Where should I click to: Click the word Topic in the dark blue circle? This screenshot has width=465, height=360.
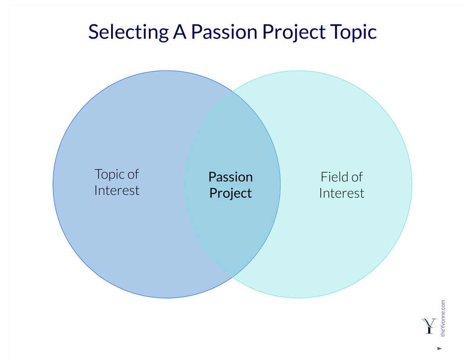pos(110,174)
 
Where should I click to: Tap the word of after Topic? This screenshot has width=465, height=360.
pos(133,174)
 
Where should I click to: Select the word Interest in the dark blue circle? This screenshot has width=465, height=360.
pos(117,191)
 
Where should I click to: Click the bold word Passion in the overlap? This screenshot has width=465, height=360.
pos(231,177)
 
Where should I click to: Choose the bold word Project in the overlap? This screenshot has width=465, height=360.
pos(231,193)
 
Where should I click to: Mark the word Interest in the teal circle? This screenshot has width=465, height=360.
pos(342,193)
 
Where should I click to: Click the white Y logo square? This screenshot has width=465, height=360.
pos(428,326)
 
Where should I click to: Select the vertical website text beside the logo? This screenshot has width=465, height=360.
pos(443,318)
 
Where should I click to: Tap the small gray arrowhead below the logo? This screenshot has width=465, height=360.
pos(439,348)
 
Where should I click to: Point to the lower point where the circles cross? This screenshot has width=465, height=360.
pos(232,278)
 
